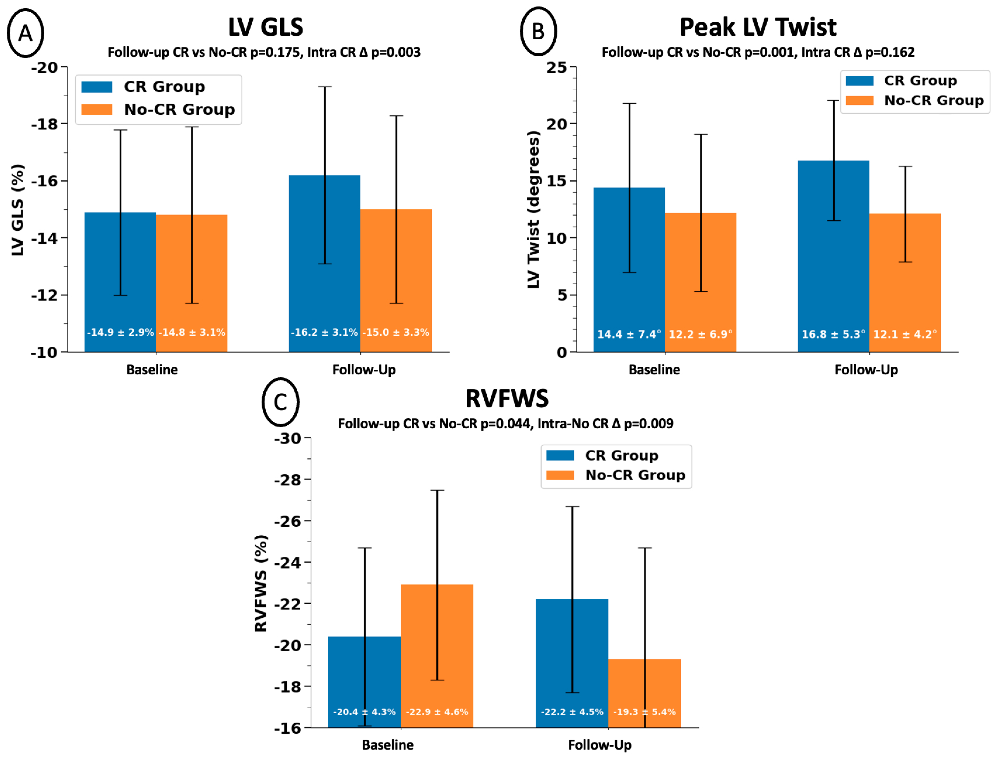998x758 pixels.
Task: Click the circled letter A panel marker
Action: click(25, 33)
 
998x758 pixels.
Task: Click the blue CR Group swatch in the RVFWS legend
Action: click(560, 455)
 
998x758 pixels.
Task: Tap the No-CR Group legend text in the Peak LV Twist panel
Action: click(934, 100)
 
